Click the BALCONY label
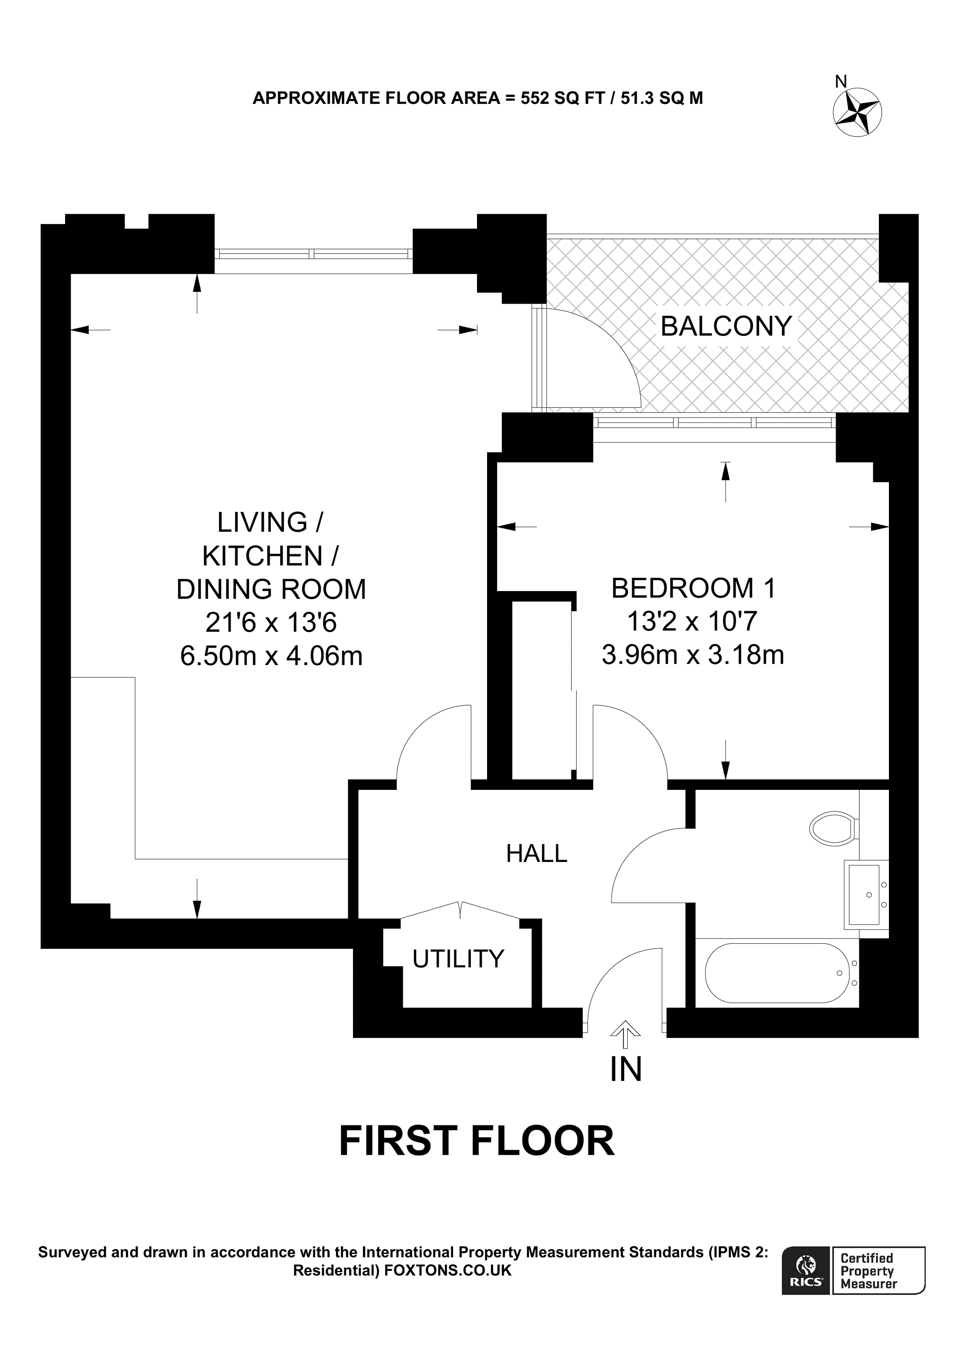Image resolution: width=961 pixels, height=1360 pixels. (726, 326)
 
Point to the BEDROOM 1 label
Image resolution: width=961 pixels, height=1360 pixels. (693, 588)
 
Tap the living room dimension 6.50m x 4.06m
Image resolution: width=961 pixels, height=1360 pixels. (271, 656)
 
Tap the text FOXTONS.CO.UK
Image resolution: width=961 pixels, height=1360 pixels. (448, 1270)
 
